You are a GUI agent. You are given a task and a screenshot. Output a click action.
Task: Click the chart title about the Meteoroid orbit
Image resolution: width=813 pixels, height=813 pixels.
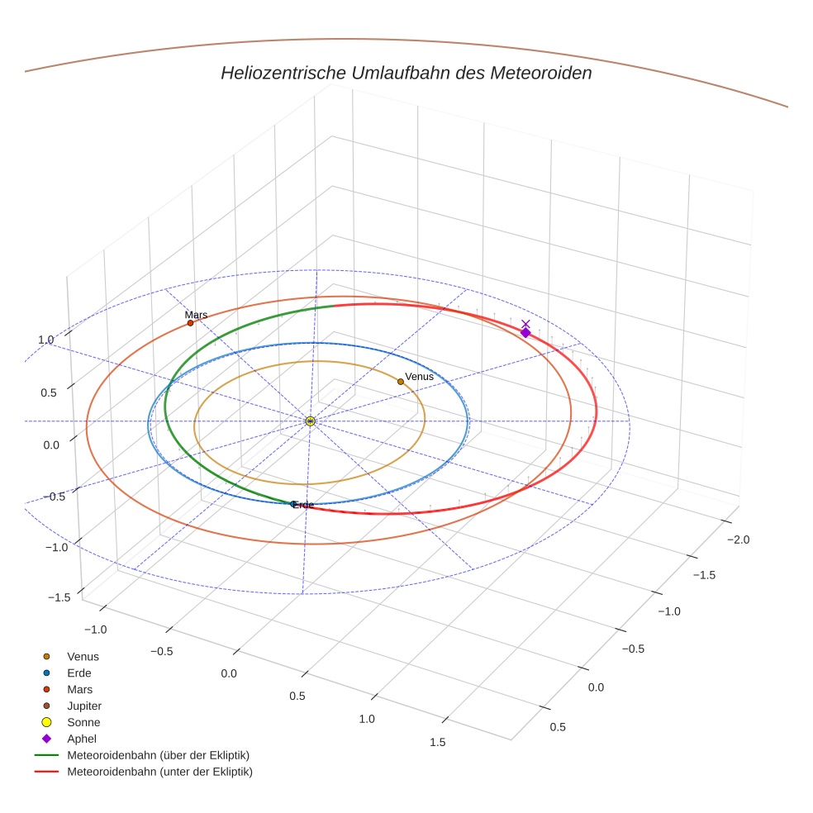[406, 73]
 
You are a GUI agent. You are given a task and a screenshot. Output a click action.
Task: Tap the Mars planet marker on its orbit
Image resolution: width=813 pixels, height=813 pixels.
[190, 323]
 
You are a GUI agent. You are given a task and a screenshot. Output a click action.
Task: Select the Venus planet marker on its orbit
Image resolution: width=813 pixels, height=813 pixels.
[401, 382]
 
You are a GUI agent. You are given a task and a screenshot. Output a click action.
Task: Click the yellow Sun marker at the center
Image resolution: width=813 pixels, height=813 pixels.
[310, 421]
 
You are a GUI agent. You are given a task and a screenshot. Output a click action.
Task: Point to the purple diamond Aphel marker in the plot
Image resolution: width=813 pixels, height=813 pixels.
[525, 333]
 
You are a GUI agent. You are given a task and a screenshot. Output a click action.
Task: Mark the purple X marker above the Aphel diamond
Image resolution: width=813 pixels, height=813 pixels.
[525, 324]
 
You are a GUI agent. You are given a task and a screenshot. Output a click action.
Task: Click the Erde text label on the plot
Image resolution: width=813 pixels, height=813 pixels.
[303, 505]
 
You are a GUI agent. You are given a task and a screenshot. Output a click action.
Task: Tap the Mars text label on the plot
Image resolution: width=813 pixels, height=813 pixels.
[197, 315]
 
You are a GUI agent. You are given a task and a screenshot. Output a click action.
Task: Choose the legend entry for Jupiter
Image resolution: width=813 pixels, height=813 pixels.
[83, 706]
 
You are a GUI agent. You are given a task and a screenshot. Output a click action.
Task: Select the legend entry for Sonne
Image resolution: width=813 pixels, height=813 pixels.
[83, 722]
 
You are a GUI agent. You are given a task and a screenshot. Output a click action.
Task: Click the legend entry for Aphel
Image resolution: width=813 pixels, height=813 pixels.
[81, 739]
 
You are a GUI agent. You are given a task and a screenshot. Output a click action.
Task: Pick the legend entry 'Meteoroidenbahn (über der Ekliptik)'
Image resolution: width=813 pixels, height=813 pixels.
[158, 755]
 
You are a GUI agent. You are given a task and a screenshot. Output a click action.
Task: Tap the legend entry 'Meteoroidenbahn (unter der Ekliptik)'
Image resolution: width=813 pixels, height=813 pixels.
[159, 772]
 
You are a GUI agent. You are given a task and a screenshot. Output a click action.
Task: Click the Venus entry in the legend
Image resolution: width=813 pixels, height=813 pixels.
[83, 656]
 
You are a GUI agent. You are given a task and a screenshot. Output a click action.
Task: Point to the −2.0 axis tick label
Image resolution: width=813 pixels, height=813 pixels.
[738, 540]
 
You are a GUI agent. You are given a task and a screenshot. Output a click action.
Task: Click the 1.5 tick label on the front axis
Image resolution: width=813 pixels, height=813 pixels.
[438, 742]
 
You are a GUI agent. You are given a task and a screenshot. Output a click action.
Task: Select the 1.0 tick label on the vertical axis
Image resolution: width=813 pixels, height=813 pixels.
[45, 340]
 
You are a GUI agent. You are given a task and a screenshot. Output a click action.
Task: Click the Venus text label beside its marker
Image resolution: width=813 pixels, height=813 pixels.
[420, 377]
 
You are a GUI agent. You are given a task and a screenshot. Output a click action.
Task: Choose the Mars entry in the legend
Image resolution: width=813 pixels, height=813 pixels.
[79, 689]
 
